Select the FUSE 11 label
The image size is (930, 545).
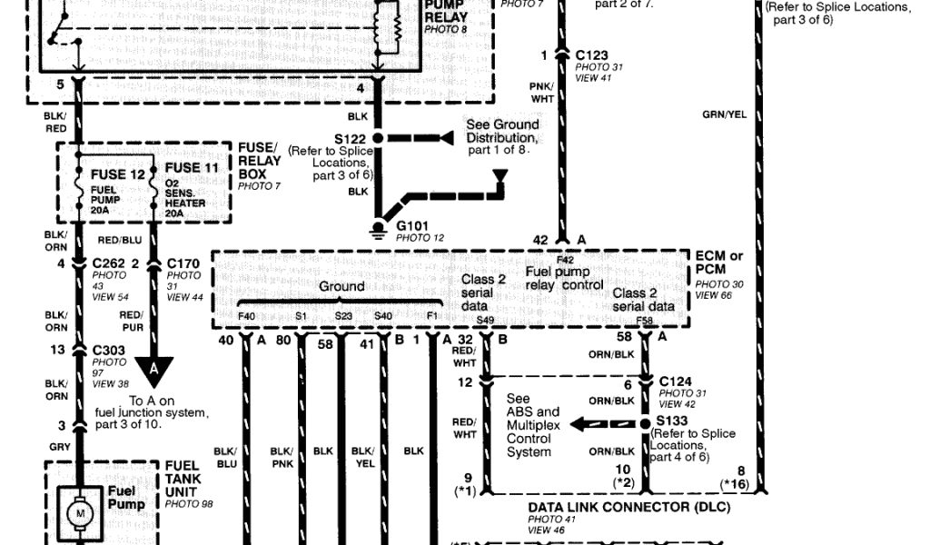tap(192, 168)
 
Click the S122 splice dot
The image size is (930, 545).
tap(379, 137)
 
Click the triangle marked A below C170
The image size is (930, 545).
tap(153, 368)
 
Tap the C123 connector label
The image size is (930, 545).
tap(593, 55)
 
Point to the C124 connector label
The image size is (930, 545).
tap(677, 381)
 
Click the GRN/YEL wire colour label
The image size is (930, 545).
tap(724, 114)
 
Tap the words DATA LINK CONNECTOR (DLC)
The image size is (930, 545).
tap(628, 507)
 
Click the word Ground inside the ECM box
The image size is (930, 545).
tap(341, 286)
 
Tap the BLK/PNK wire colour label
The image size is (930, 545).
tap(282, 457)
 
